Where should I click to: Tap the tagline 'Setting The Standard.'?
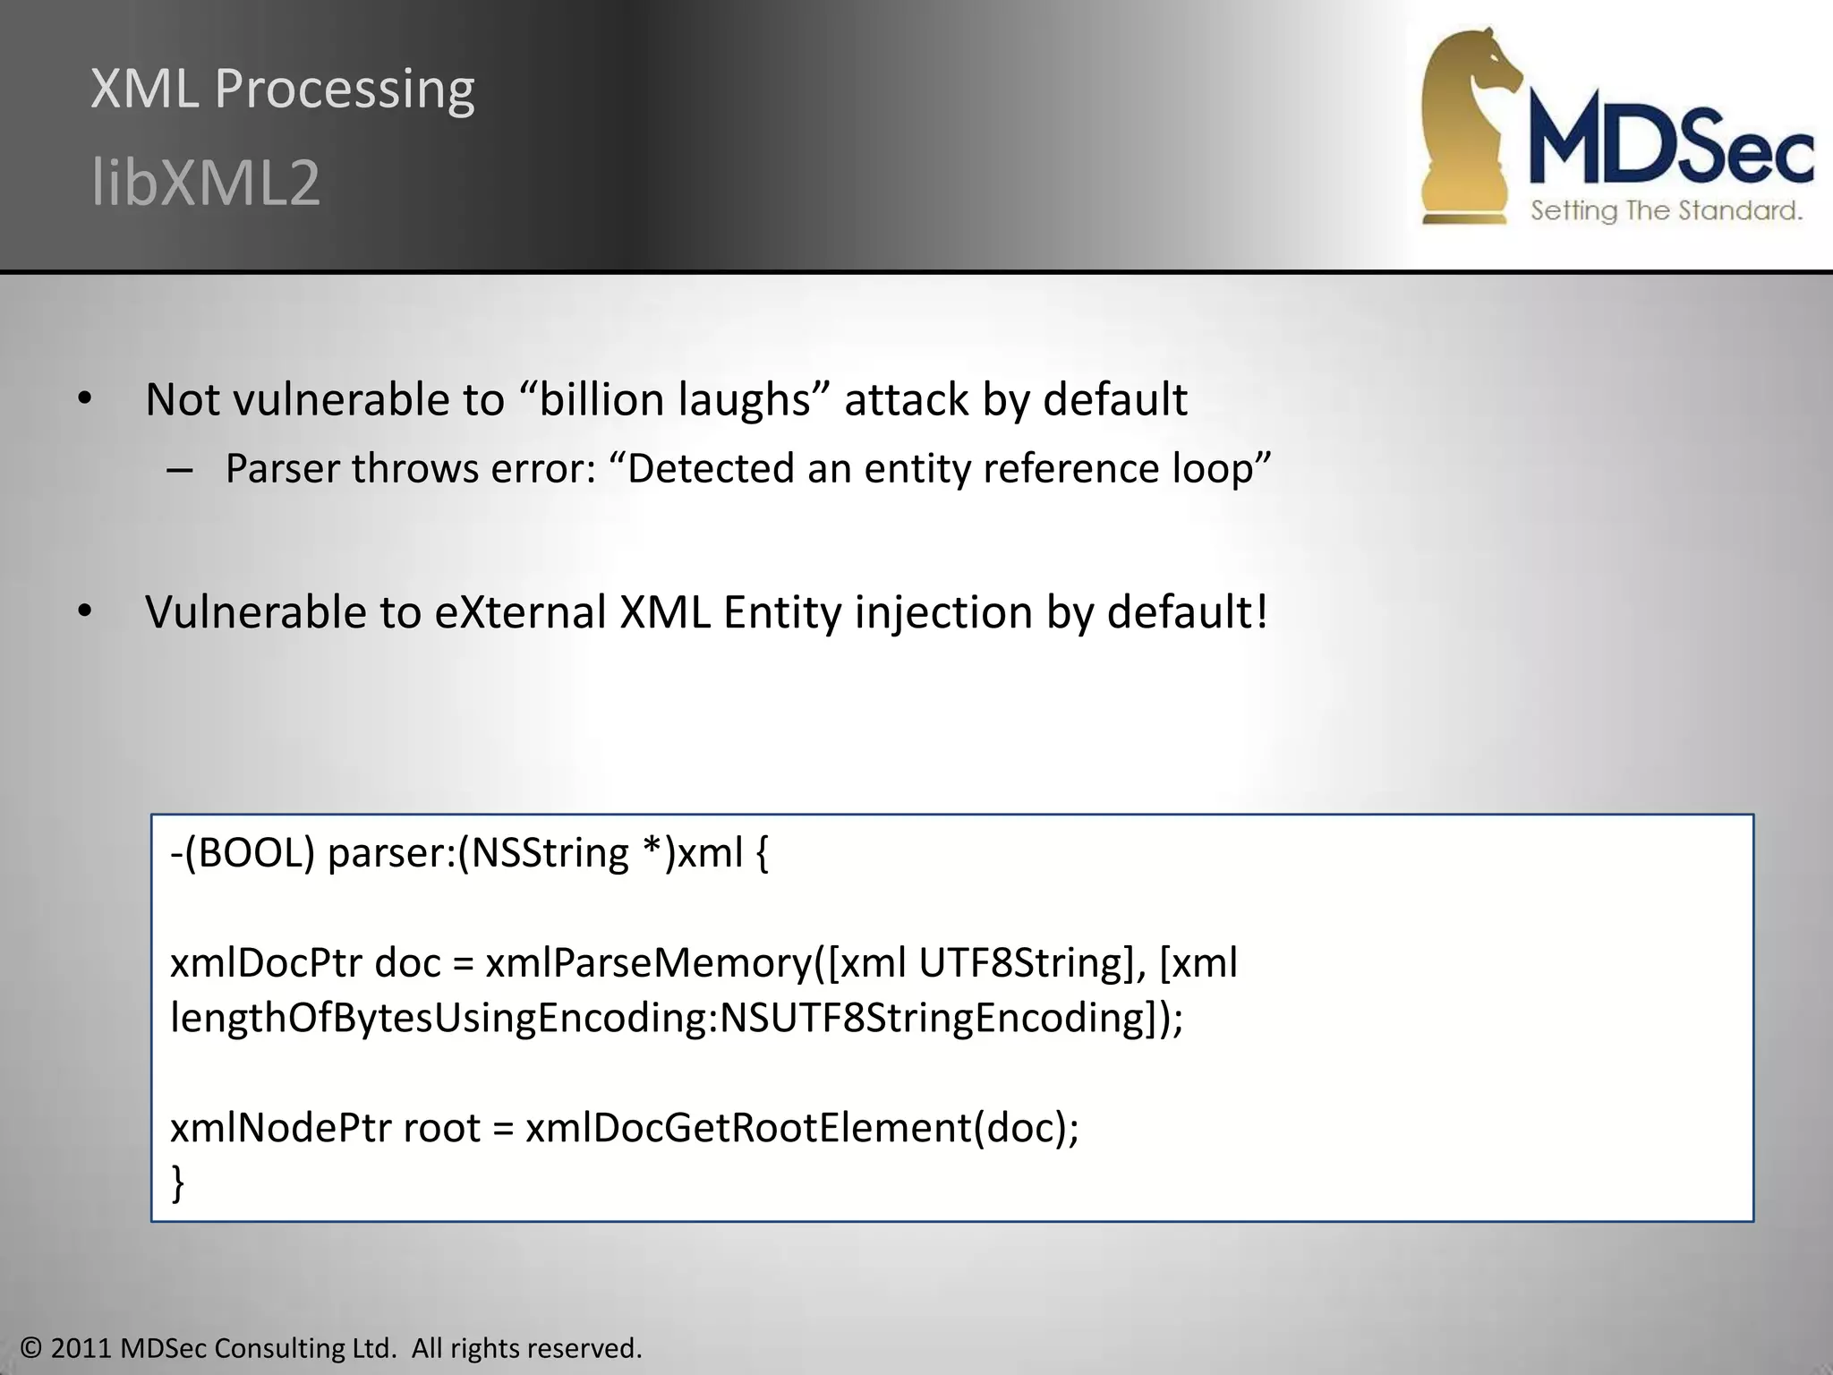coord(1666,211)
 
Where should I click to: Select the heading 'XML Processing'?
coord(283,89)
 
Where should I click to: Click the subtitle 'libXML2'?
coord(206,183)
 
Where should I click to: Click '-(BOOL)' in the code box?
coord(243,852)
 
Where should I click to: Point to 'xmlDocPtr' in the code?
coord(266,963)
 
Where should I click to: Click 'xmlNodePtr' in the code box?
coord(281,1128)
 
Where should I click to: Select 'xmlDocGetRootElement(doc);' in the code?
coord(802,1128)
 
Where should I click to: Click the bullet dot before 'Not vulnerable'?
coord(85,399)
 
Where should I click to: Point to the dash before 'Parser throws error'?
coord(180,470)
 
